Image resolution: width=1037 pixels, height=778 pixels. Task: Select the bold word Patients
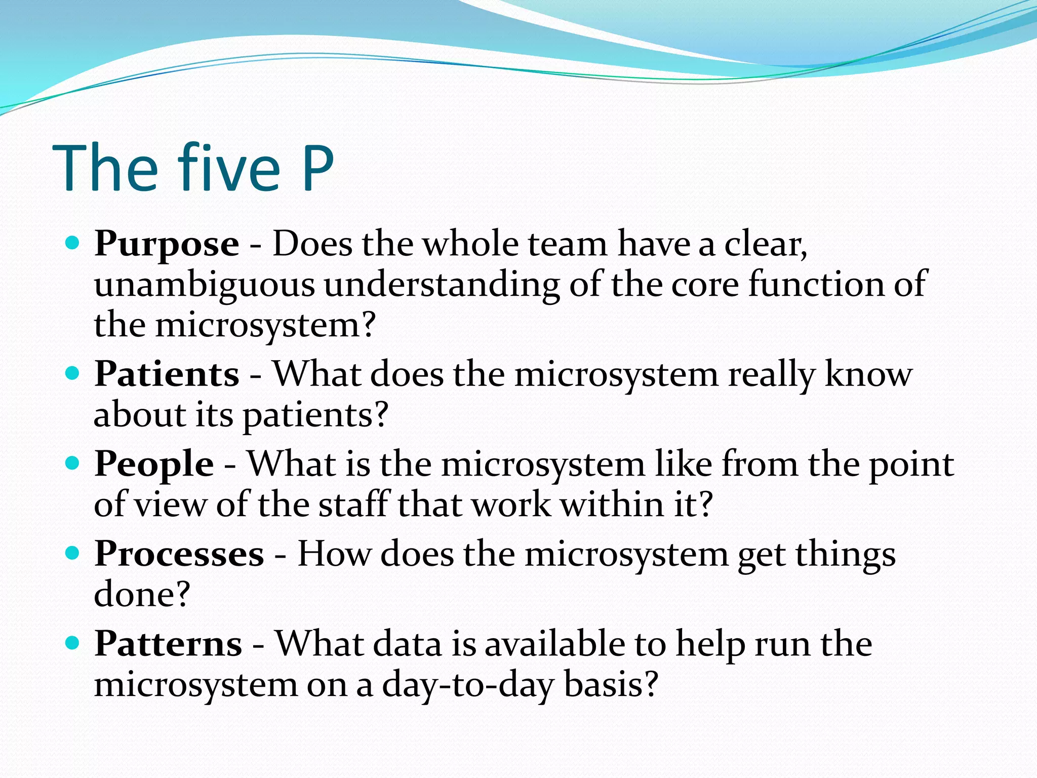tap(167, 374)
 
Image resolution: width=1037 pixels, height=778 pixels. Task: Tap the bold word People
tap(154, 464)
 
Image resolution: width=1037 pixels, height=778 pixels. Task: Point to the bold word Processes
tap(179, 554)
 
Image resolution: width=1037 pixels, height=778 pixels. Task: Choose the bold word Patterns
tap(168, 644)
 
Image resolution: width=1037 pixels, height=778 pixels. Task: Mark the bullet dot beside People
tap(73, 463)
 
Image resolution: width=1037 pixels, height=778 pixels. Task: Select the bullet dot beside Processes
tap(73, 553)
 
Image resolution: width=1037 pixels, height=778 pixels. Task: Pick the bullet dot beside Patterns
tap(73, 643)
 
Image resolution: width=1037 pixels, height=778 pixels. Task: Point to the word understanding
tap(442, 285)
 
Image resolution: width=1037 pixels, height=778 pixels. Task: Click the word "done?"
tap(142, 595)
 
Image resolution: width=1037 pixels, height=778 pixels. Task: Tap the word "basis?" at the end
tap(611, 684)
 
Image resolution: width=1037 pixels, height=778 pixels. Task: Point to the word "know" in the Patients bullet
tap(868, 374)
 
